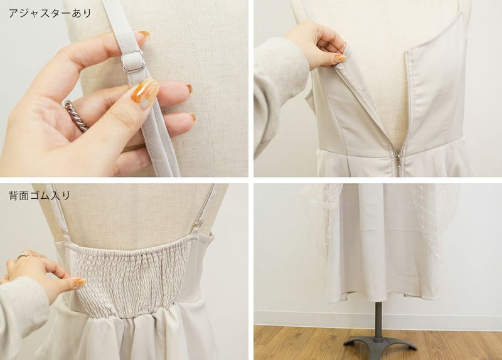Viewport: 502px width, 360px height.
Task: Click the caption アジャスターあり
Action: pyautogui.click(x=50, y=13)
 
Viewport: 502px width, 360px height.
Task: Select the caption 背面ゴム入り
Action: pyautogui.click(x=40, y=195)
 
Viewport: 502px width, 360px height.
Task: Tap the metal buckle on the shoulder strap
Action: pyautogui.click(x=134, y=61)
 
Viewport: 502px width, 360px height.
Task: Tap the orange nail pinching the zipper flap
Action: pyautogui.click(x=340, y=58)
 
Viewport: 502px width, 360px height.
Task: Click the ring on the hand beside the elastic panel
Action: pyautogui.click(x=23, y=256)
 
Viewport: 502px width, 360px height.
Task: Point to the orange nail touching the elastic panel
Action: pyautogui.click(x=79, y=282)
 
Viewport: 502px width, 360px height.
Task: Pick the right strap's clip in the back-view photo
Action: pyautogui.click(x=198, y=225)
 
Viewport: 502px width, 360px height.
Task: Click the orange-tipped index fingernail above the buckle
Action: pyautogui.click(x=144, y=34)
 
